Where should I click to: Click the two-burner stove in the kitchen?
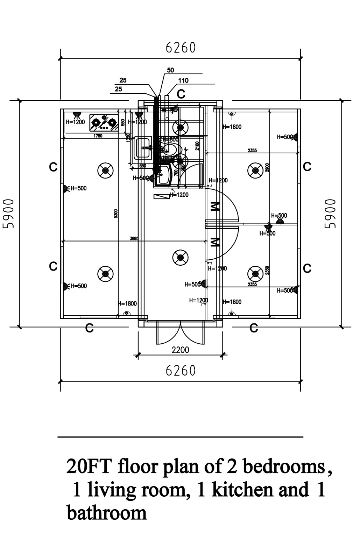[104, 122]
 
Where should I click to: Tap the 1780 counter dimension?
[98, 136]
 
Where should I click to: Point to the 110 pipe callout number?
[183, 80]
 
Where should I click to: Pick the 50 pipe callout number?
[170, 70]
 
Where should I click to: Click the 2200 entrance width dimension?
[180, 350]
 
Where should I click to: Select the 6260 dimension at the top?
[181, 48]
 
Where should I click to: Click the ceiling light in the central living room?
[181, 257]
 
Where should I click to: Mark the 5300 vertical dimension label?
[116, 213]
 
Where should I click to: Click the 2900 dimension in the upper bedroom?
[267, 168]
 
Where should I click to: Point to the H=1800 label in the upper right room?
[232, 127]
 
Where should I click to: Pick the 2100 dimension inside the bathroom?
[197, 146]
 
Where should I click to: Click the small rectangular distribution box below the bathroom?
[161, 197]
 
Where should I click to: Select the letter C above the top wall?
[181, 94]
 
